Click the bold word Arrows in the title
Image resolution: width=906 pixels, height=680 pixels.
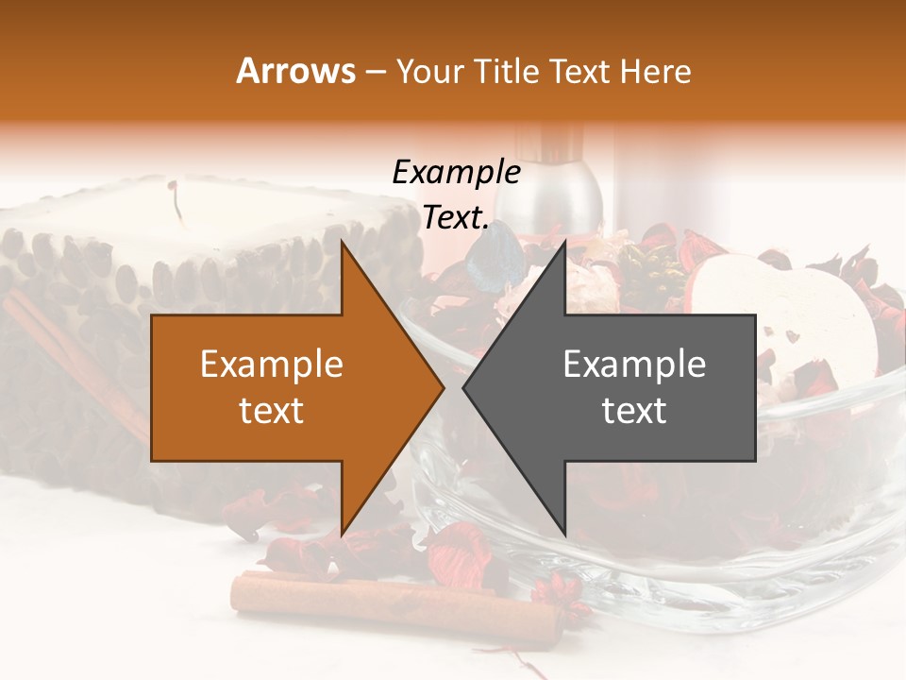(296, 71)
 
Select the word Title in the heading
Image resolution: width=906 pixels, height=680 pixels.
(505, 71)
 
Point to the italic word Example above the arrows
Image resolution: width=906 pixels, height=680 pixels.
(456, 174)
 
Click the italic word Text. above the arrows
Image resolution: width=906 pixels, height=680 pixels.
(456, 217)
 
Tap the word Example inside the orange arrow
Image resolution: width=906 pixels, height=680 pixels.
(272, 365)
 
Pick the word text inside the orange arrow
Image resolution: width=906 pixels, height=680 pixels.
(272, 411)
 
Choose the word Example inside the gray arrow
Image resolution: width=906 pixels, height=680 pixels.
(634, 365)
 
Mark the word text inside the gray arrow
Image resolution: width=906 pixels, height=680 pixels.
(634, 411)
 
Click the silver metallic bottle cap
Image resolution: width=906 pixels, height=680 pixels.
(557, 179)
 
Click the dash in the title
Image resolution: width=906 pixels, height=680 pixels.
(375, 71)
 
